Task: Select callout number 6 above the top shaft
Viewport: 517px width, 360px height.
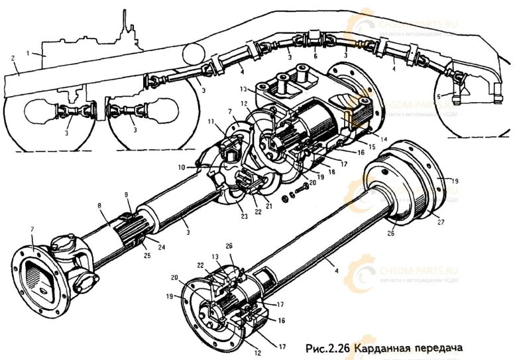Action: (316, 57)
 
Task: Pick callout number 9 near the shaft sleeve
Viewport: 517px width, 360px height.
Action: (127, 196)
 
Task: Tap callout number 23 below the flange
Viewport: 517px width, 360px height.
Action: (237, 215)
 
